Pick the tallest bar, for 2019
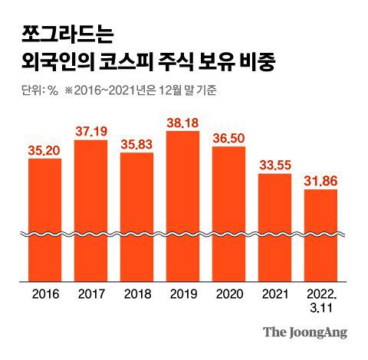click(183, 207)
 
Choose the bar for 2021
click(275, 227)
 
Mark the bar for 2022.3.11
click(321, 235)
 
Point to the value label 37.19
click(91, 133)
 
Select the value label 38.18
click(183, 123)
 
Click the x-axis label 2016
click(45, 294)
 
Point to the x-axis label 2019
click(183, 294)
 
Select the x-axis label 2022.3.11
click(321, 300)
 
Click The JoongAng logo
click(305, 332)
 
